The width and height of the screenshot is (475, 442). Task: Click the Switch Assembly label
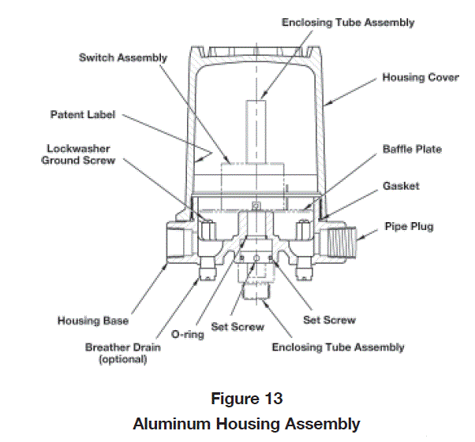pyautogui.click(x=122, y=58)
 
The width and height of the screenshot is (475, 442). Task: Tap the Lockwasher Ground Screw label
pyautogui.click(x=80, y=154)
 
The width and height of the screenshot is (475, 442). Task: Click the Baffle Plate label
pyautogui.click(x=412, y=149)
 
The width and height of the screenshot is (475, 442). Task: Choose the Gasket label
pyautogui.click(x=401, y=186)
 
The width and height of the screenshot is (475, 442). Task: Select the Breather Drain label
pyautogui.click(x=121, y=347)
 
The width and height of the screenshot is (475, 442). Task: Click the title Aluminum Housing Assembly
pyautogui.click(x=245, y=424)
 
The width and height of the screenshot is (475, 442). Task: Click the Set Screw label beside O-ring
pyautogui.click(x=237, y=326)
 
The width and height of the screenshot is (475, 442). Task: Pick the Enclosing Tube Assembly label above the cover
pyautogui.click(x=348, y=23)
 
